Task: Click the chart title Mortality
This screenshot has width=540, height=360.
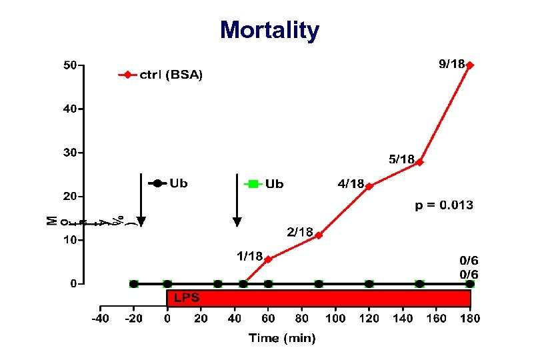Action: pos(269,30)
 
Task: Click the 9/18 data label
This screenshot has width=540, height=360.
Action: pos(451,64)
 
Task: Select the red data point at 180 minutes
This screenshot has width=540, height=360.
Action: pos(470,65)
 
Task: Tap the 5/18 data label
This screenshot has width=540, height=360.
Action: pos(401,159)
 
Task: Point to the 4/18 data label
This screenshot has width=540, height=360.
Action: pos(351,183)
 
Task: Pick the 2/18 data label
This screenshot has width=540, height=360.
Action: pos(300,232)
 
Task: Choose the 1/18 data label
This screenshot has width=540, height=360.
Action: pos(249,255)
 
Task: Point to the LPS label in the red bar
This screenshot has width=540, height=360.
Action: pos(186,298)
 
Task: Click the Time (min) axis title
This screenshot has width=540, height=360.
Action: pos(282,339)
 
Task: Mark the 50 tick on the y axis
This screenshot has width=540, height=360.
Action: pos(69,65)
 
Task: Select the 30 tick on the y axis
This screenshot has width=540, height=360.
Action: pos(69,153)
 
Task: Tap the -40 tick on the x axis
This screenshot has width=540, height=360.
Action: pos(99,318)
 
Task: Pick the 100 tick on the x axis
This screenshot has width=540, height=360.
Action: pos(335,318)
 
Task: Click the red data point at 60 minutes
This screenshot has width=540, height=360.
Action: pos(268,259)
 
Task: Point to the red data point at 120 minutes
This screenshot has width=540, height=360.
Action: pos(369,187)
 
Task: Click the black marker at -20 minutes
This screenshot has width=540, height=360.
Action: pos(133,284)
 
